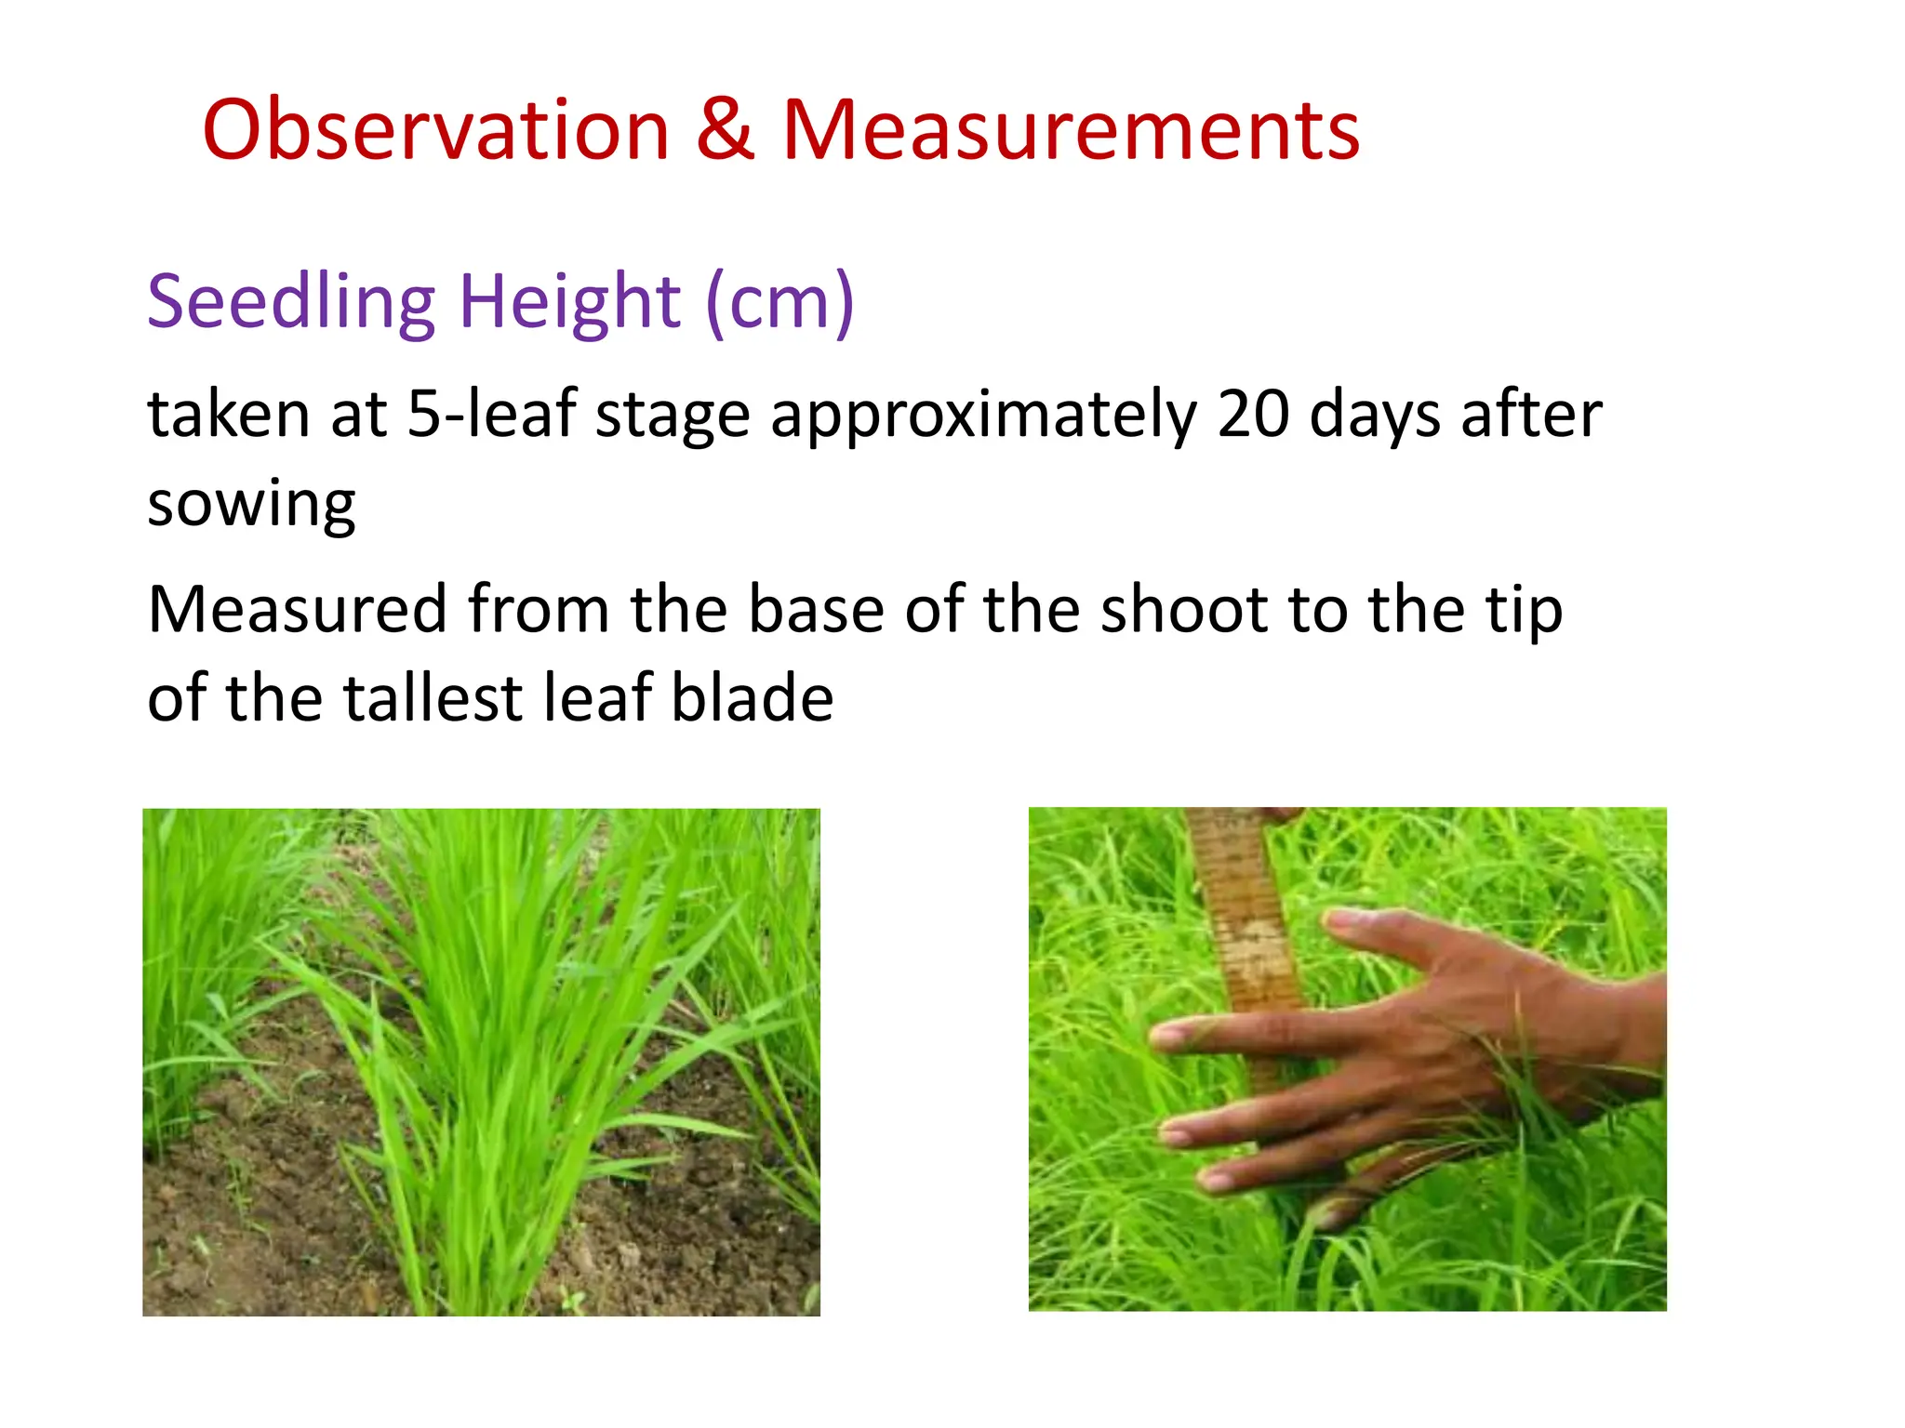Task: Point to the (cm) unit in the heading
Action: pos(779,303)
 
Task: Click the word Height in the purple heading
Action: pos(570,303)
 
